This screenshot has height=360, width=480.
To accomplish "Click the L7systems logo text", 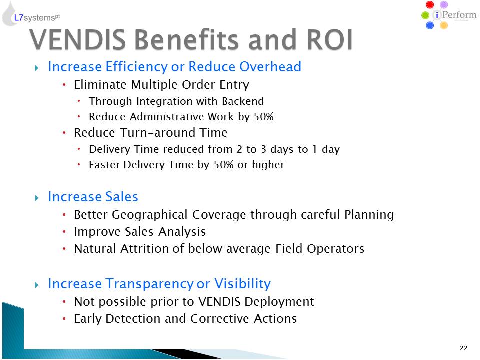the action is point(37,18).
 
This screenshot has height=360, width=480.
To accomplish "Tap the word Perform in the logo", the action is point(459,14).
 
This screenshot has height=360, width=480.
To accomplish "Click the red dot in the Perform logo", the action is point(430,5).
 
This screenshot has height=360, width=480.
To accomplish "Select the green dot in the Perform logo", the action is point(425,15).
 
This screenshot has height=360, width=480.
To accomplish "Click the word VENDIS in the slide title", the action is point(78,40).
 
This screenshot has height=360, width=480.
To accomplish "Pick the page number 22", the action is point(464,348).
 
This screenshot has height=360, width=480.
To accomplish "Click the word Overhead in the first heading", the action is point(270,66).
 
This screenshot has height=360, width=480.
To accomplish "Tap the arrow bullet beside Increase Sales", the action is point(37,198).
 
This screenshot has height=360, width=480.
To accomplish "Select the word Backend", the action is point(243,101).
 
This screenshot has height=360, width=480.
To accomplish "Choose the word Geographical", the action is point(149,215).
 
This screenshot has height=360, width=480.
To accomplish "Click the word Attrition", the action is point(144,249).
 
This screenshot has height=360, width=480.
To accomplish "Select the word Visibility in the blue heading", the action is point(242,284).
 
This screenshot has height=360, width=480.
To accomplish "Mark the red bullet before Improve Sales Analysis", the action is point(64,232).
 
